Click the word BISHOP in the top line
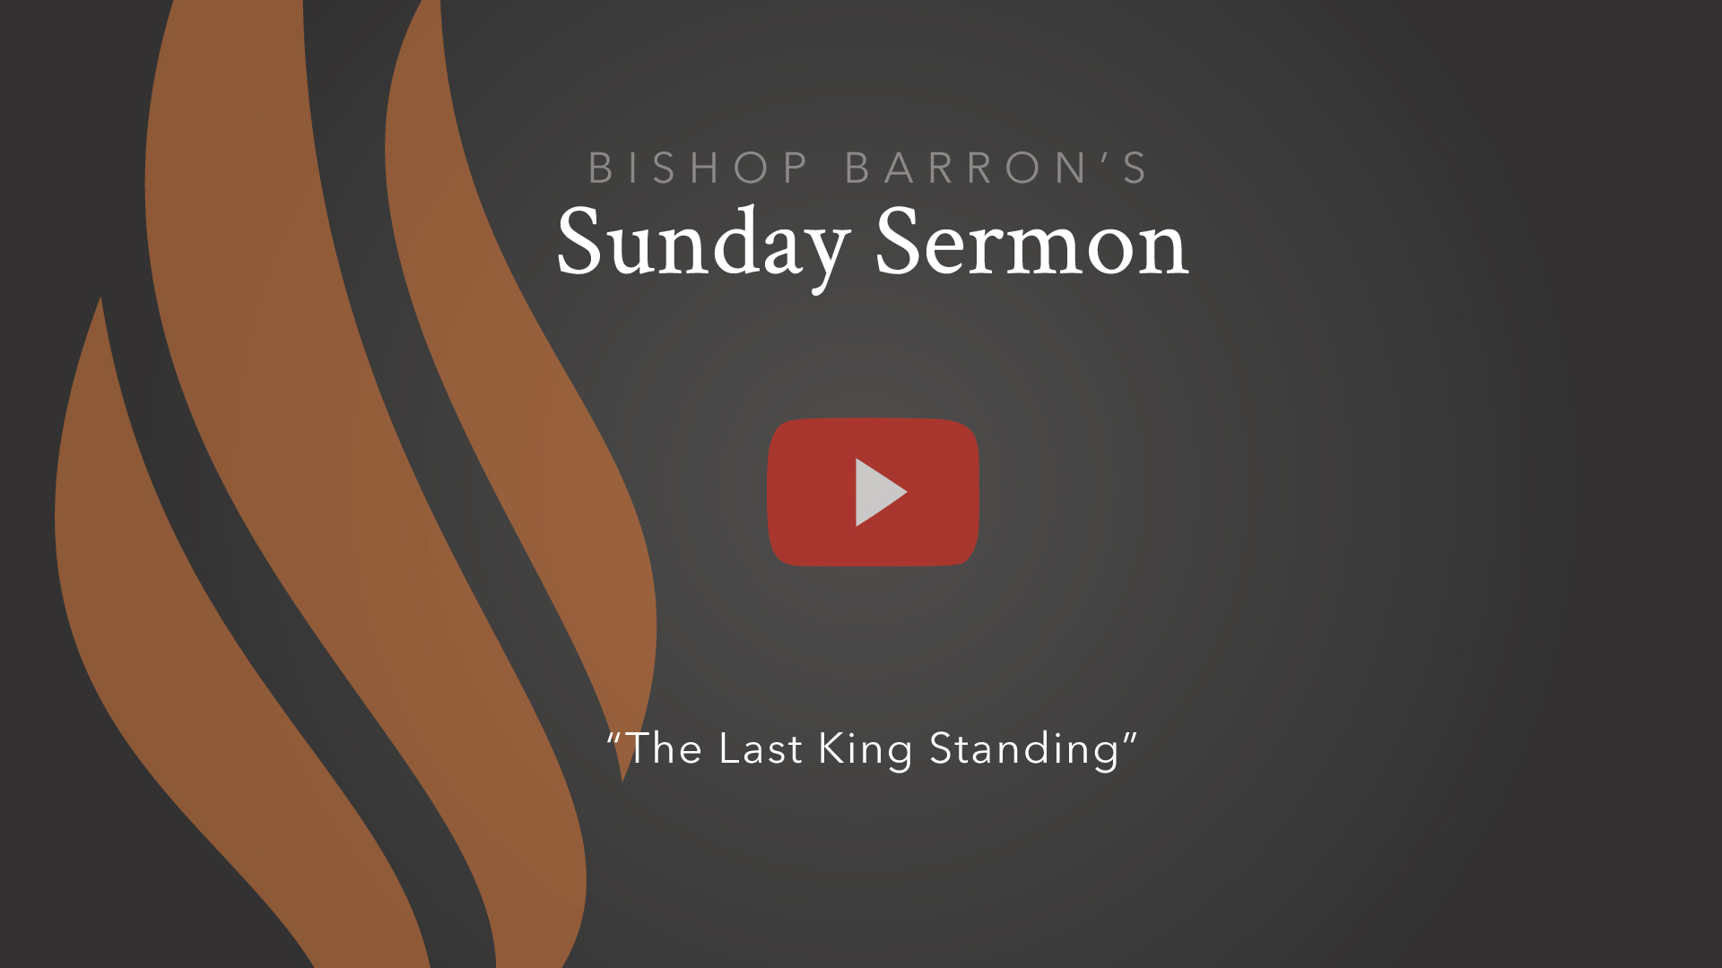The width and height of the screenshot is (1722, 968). pos(698,168)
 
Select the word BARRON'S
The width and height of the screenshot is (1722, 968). pos(996,168)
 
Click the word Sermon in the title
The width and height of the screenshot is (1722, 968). pos(1031,242)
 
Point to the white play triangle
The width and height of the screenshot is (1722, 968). pos(878,492)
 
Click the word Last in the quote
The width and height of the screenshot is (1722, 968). pos(760,748)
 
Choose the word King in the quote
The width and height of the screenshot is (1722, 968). pos(865,749)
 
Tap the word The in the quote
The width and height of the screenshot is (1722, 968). pos(664,748)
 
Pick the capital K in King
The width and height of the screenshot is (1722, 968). pos(831,748)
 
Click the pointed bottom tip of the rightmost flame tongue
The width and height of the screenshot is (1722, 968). pos(623,778)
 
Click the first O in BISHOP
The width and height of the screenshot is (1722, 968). pos(751,168)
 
